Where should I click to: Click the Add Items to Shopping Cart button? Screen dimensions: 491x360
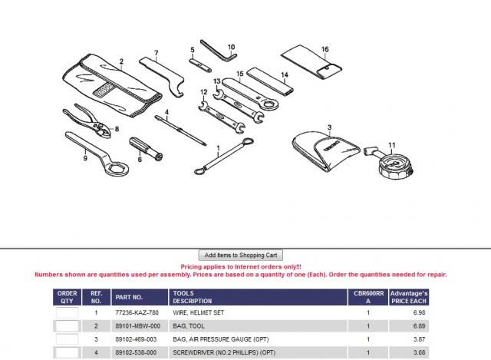240,255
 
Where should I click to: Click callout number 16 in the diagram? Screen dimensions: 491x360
325,49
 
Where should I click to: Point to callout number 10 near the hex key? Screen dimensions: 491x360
231,47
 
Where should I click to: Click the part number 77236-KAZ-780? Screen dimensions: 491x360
137,312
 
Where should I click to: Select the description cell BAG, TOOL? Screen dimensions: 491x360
189,326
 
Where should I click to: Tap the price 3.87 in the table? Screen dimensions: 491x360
419,339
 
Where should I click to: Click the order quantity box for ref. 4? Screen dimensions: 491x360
67,352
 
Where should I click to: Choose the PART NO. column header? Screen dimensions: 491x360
129,297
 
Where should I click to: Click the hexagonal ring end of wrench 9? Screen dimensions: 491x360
116,169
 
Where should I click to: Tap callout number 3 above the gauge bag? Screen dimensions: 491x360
329,127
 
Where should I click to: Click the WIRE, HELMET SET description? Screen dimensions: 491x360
198,312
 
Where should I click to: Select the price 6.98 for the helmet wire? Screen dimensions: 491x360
419,312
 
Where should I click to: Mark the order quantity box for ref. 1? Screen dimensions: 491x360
67,312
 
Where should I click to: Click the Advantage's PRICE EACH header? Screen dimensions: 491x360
409,297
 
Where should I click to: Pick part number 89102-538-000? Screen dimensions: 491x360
136,352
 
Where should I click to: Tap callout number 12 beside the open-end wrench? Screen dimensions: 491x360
203,92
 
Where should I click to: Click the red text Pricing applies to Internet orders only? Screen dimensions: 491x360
241,267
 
